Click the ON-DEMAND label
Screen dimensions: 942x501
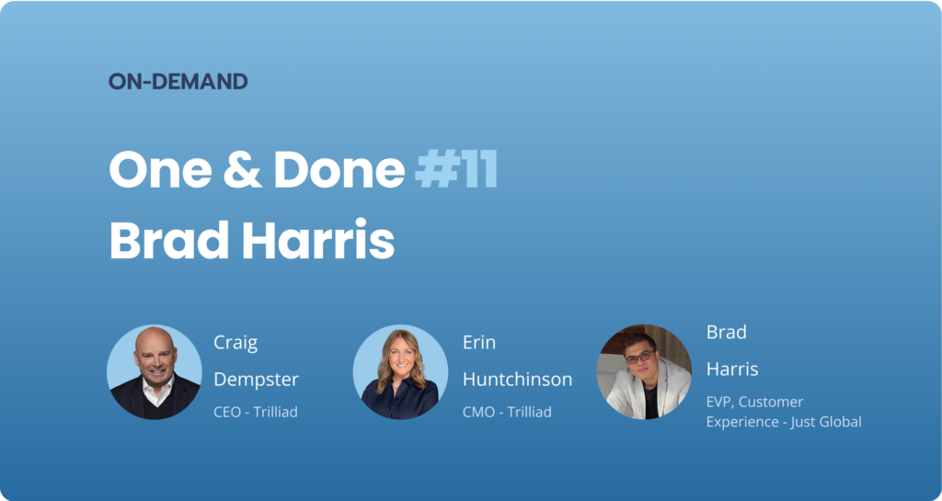pyautogui.click(x=178, y=82)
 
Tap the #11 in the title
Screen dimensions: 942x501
pyautogui.click(x=456, y=170)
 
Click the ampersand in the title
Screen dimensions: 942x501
pyautogui.click(x=243, y=170)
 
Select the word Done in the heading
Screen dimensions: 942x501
pyautogui.click(x=339, y=170)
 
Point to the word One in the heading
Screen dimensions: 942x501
pyautogui.click(x=160, y=170)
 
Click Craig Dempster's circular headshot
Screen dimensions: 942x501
pyautogui.click(x=155, y=372)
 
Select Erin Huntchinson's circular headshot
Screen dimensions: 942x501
pyautogui.click(x=400, y=372)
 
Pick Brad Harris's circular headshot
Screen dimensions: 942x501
pyautogui.click(x=644, y=372)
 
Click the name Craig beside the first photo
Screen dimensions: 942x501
pyautogui.click(x=235, y=344)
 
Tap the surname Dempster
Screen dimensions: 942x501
pyautogui.click(x=256, y=380)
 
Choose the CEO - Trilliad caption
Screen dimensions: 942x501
pyautogui.click(x=256, y=412)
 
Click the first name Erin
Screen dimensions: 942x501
pyautogui.click(x=478, y=343)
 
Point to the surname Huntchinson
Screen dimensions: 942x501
pyautogui.click(x=517, y=380)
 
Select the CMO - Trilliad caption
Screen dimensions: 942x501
pyautogui.click(x=507, y=412)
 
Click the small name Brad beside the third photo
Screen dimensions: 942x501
pyautogui.click(x=727, y=332)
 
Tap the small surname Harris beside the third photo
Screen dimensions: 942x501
pyautogui.click(x=732, y=369)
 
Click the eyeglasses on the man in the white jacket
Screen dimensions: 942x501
pyautogui.click(x=640, y=357)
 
